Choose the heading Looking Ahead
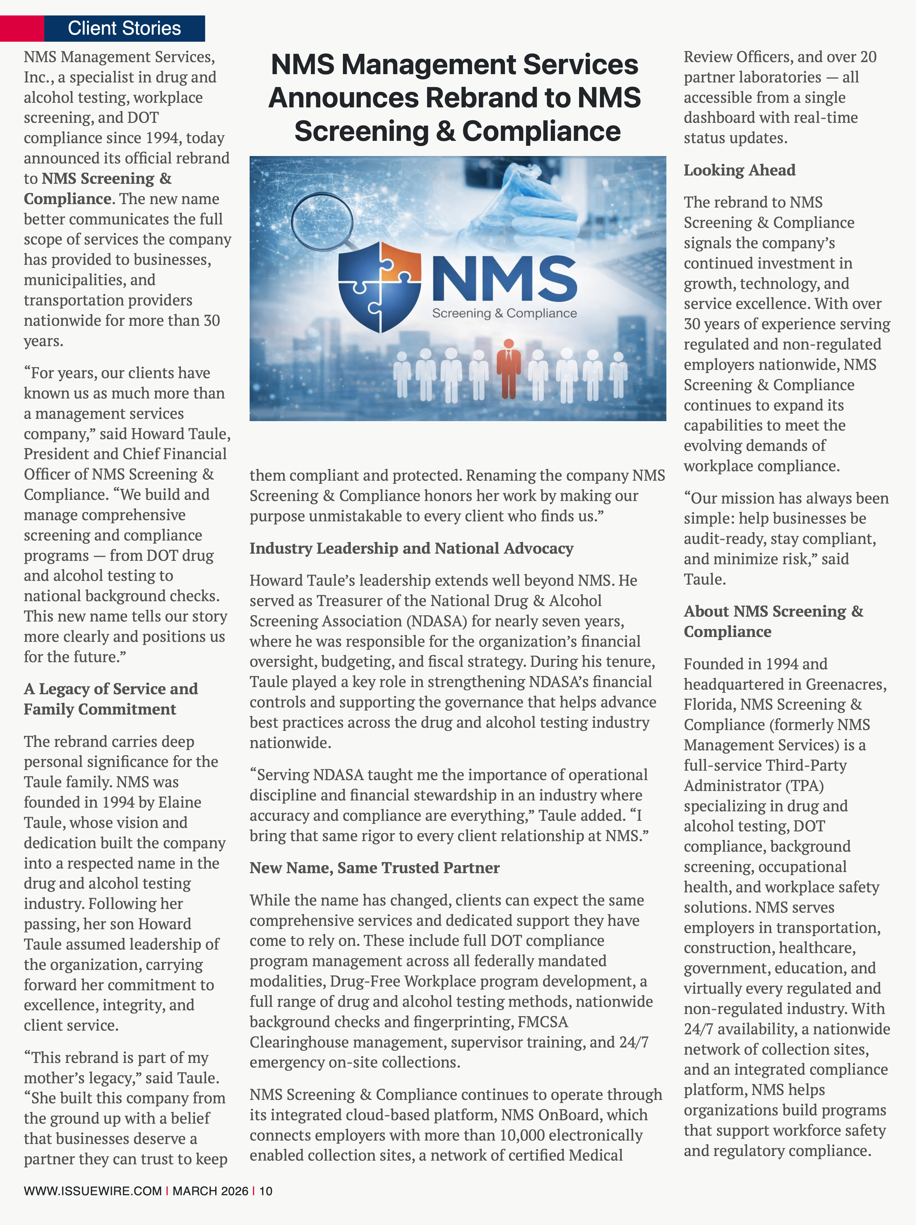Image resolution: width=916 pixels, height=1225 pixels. tap(739, 170)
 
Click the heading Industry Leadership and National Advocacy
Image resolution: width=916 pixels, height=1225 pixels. tap(411, 548)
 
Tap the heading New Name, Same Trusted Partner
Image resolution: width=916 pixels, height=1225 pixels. tap(374, 868)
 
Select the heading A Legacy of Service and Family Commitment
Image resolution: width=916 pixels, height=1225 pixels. tap(111, 699)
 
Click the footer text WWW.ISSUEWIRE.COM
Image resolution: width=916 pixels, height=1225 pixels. tap(92, 1191)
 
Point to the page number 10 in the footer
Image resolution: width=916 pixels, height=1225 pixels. tap(266, 1191)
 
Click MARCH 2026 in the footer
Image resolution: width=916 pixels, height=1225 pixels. tap(210, 1191)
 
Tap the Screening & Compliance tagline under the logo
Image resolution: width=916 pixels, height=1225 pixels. tap(505, 313)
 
